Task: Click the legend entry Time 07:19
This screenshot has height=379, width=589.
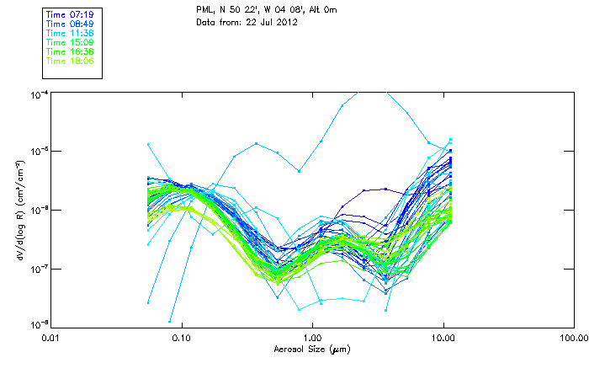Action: [70, 14]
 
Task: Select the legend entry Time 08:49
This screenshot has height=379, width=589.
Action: [70, 24]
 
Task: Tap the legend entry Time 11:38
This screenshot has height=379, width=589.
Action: [70, 33]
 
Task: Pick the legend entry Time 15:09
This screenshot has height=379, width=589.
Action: [70, 42]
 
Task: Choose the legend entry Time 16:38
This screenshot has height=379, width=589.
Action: [70, 51]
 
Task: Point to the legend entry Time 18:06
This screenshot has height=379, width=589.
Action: [70, 61]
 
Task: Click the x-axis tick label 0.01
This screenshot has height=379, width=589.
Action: [50, 339]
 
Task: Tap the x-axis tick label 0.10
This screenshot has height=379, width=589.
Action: [181, 339]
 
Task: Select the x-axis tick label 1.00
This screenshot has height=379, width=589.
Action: [312, 339]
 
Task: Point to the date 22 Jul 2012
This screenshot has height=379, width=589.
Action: [273, 23]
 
